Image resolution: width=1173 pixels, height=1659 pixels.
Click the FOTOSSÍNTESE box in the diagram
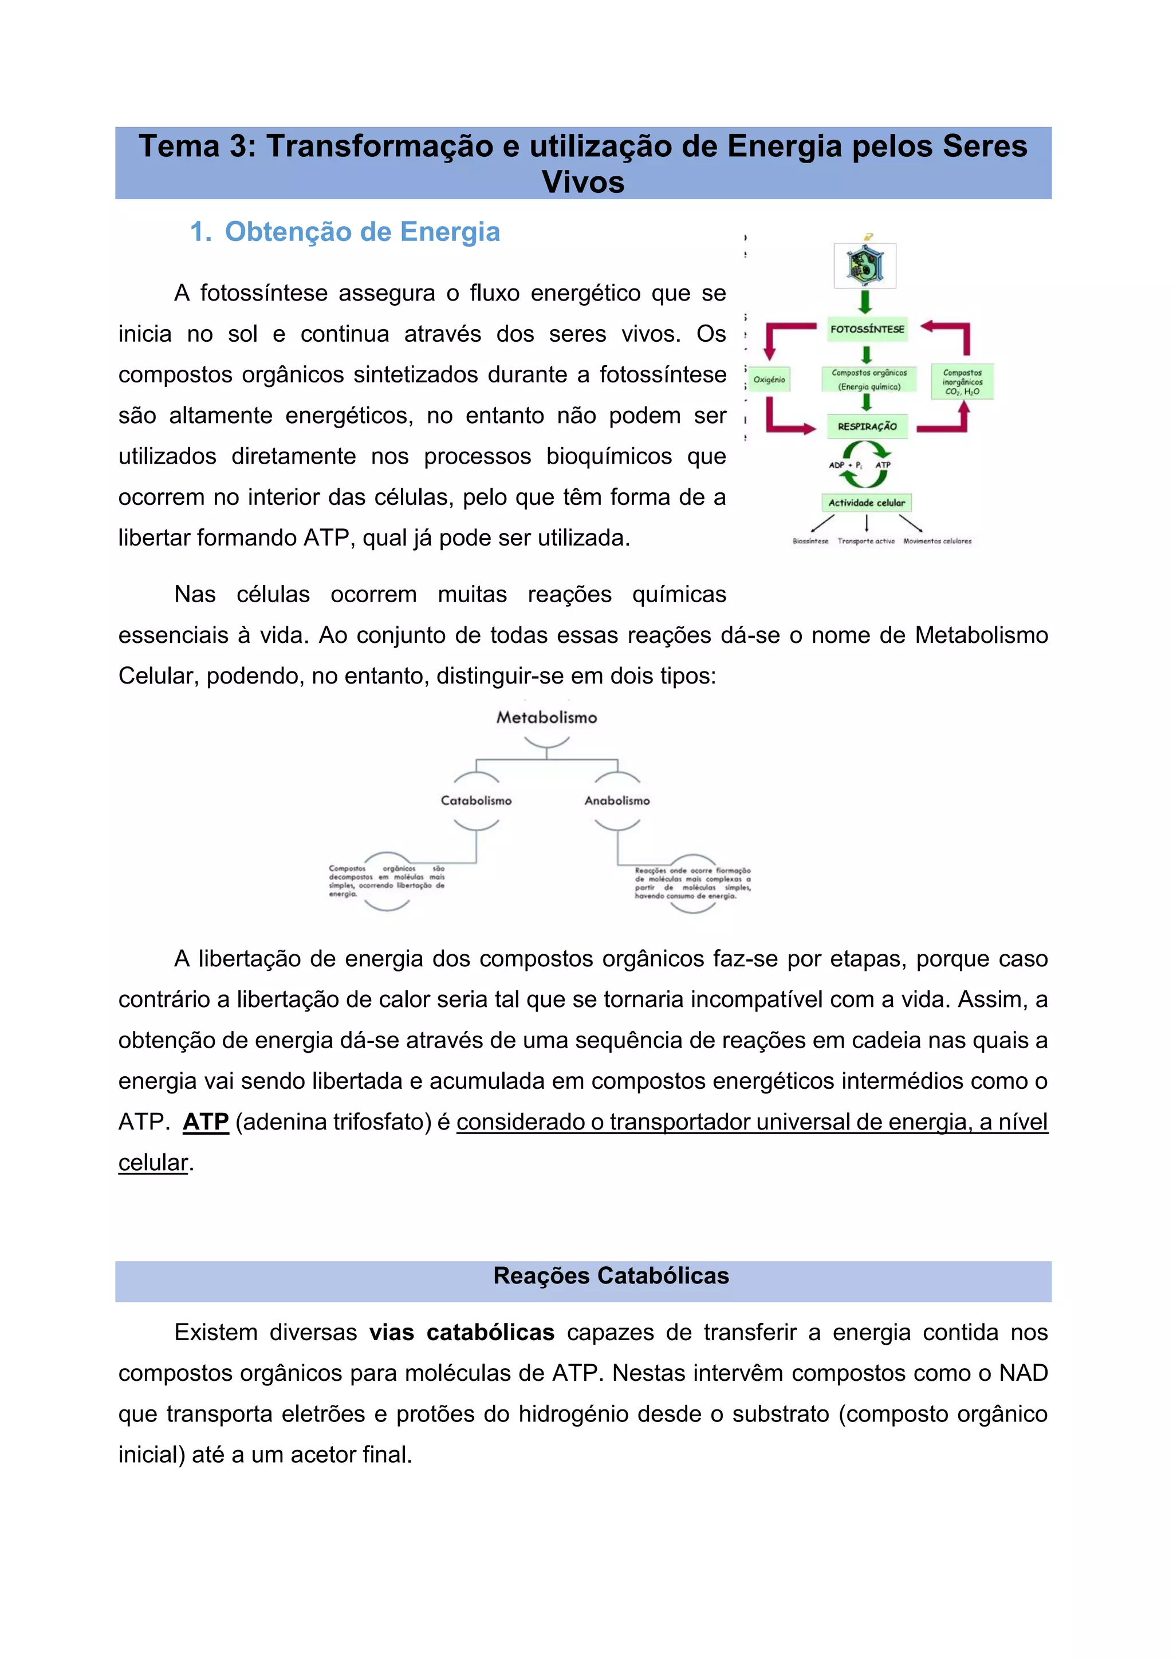[x=867, y=330]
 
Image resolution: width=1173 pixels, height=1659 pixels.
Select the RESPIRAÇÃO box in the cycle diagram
[x=867, y=427]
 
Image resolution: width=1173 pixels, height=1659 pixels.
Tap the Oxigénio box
[x=769, y=380]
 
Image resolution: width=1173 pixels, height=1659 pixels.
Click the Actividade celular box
[x=866, y=503]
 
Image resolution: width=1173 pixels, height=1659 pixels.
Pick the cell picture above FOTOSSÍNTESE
[x=865, y=266]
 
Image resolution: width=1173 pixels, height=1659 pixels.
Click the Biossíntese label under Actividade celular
[x=810, y=541]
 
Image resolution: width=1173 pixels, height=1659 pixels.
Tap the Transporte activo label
[x=866, y=541]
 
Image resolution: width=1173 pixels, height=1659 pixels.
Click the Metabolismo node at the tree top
[x=546, y=717]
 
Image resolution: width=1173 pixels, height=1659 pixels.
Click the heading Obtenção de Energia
[x=362, y=232]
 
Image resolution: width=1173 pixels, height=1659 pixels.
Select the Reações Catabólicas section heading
[x=611, y=1276]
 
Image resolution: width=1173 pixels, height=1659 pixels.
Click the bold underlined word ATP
[x=206, y=1122]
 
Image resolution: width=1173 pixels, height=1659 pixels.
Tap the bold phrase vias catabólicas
[x=462, y=1332]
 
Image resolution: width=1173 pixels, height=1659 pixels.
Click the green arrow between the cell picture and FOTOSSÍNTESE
[x=865, y=301]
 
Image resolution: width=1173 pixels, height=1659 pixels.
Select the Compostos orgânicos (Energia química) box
[x=869, y=380]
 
